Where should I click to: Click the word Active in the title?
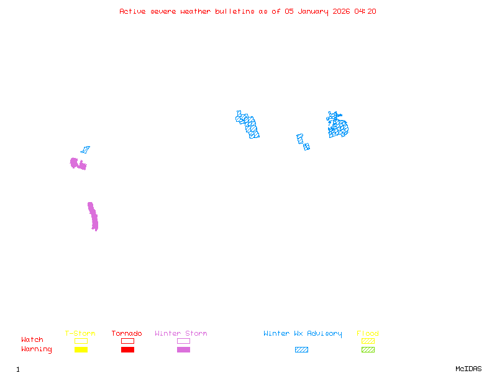[x=132, y=11]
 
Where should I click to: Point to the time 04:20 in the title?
[x=365, y=11]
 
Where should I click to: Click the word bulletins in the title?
[x=234, y=11]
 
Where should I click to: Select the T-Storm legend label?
[x=80, y=334]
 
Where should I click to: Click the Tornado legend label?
[x=127, y=334]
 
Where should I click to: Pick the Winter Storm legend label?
[x=181, y=334]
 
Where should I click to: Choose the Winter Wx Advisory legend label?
[x=303, y=334]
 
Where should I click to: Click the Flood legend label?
[x=368, y=334]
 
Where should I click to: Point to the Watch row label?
[x=32, y=340]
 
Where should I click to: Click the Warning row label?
[x=37, y=349]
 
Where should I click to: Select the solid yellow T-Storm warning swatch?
[x=81, y=350]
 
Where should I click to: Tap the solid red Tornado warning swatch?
[x=127, y=350]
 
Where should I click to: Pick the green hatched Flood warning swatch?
[x=368, y=350]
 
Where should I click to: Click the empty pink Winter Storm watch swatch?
[x=183, y=341]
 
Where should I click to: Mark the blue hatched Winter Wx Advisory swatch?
[x=301, y=350]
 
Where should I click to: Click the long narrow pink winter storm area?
[x=93, y=216]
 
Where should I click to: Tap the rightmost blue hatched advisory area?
[x=338, y=126]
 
